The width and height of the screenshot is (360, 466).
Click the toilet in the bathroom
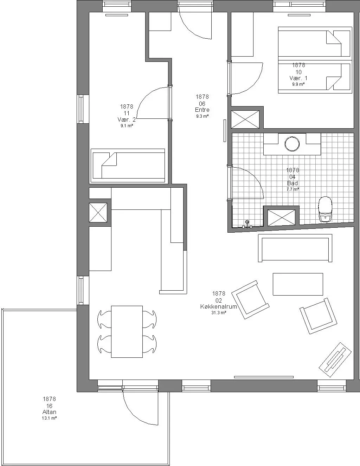click(x=325, y=209)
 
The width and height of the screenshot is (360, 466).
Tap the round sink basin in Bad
click(x=292, y=144)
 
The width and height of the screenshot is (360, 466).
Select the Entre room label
click(x=202, y=110)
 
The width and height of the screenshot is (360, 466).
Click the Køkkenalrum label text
click(x=219, y=306)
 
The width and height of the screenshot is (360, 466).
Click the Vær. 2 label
click(x=127, y=119)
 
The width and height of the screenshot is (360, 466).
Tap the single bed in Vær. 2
click(x=128, y=166)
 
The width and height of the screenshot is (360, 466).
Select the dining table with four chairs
click(x=127, y=331)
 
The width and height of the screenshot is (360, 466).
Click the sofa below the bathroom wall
click(x=295, y=248)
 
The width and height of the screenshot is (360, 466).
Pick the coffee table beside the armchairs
click(x=298, y=284)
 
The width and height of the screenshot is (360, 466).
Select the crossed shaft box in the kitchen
click(x=98, y=213)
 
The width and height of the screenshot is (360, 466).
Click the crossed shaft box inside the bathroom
click(x=281, y=218)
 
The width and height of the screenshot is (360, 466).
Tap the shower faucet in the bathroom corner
click(x=247, y=224)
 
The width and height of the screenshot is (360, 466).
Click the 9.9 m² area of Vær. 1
click(x=298, y=84)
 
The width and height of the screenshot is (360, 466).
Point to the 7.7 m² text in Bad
click(x=292, y=189)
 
